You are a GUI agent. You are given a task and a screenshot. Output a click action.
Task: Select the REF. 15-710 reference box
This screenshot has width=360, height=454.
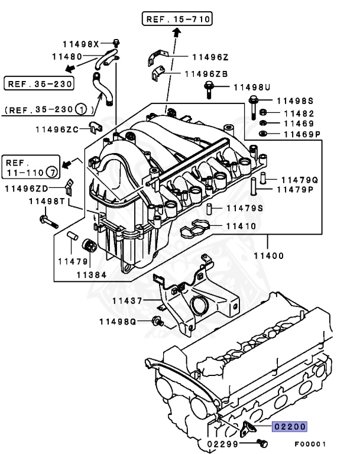click(176, 20)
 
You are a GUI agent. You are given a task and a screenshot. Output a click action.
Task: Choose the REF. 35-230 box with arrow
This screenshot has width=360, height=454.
click(39, 83)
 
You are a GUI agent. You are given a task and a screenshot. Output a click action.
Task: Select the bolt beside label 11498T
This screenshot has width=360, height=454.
click(47, 222)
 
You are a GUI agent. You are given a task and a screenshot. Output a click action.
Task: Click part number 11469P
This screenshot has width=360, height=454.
click(301, 134)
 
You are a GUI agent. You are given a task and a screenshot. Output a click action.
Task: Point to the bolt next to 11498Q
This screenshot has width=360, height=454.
click(158, 322)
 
